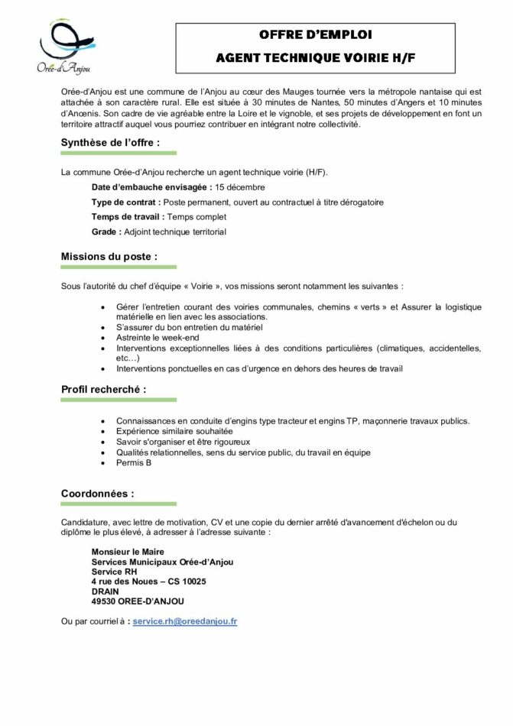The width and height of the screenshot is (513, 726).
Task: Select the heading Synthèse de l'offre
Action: click(110, 142)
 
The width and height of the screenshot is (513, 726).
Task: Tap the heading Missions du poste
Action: click(109, 257)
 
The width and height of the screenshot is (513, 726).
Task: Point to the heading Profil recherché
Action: click(104, 389)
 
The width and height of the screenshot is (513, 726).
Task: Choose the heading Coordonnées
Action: click(97, 494)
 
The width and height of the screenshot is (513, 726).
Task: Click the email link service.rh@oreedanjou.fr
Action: click(184, 621)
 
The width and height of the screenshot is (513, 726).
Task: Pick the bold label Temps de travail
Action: click(126, 217)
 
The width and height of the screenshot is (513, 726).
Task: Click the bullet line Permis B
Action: click(135, 462)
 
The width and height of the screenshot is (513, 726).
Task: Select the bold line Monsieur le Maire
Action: click(128, 552)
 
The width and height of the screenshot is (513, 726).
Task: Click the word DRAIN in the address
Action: click(106, 591)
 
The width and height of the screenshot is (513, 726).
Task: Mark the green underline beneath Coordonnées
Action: click(119, 504)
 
